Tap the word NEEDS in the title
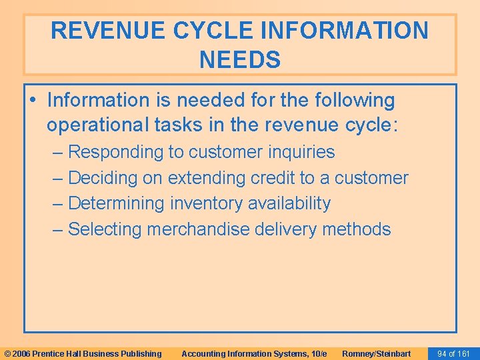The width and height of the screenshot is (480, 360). (x=240, y=60)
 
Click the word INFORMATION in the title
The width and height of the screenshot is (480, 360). (x=332, y=31)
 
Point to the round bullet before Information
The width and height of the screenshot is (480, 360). (x=33, y=101)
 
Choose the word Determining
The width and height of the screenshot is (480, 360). (x=117, y=203)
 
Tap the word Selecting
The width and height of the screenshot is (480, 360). (x=105, y=229)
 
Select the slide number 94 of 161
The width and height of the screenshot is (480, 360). (x=453, y=354)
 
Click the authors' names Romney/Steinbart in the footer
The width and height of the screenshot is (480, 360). (x=377, y=354)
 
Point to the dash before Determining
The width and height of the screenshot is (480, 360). (x=59, y=203)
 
